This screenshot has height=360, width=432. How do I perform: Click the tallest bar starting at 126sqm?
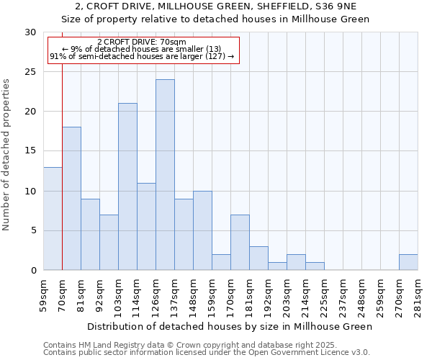[165, 175]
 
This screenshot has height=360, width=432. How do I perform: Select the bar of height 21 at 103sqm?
[127, 186]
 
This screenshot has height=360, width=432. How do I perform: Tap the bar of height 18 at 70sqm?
[71, 199]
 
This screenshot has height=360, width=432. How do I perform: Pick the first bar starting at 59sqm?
[53, 219]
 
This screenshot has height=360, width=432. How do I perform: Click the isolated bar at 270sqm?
[408, 263]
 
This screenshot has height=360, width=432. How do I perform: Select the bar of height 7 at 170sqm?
[240, 243]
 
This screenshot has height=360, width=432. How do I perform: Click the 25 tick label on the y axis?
[30, 72]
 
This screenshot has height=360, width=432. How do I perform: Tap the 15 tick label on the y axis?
[30, 151]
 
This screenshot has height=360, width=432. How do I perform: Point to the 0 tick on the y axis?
[33, 271]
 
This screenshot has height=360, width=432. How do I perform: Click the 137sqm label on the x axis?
[175, 294]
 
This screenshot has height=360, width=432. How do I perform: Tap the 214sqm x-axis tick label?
[306, 294]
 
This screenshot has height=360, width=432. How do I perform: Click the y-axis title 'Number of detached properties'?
[7, 155]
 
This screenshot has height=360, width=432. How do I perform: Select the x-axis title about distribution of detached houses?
[228, 326]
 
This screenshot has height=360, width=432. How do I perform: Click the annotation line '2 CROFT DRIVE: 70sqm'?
[141, 42]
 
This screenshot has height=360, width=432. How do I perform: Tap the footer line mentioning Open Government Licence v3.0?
[206, 353]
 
